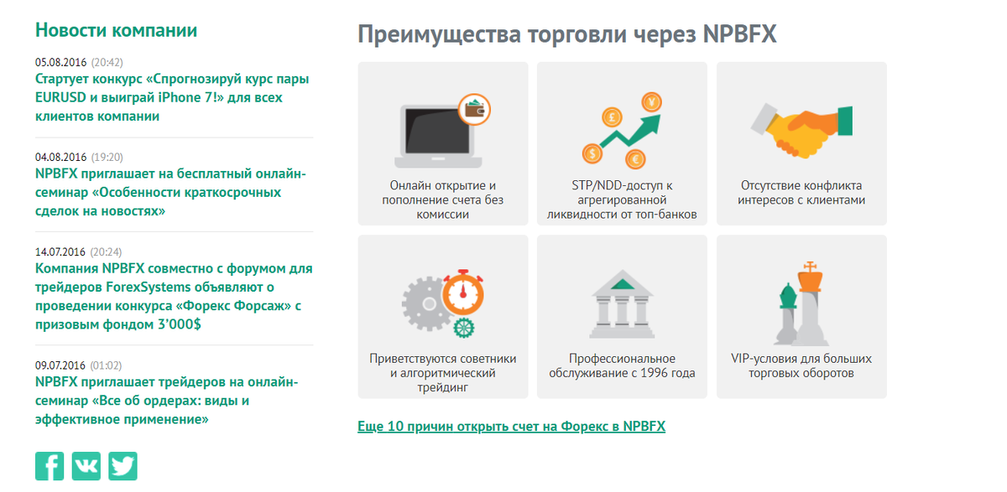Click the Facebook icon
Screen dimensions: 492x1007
tap(50, 466)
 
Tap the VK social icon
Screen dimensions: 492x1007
tap(86, 466)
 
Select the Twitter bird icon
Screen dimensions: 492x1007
tap(123, 466)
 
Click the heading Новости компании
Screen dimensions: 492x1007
tap(117, 30)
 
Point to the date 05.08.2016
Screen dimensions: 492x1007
tap(61, 62)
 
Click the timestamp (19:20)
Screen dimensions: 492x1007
tap(107, 157)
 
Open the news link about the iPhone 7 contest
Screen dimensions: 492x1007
tap(172, 97)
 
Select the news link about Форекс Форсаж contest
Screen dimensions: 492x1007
tap(174, 297)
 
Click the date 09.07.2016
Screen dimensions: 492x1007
tap(61, 365)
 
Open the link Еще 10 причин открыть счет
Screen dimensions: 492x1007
tap(511, 427)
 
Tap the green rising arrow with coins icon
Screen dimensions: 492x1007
tap(622, 131)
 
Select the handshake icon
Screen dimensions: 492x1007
tap(801, 127)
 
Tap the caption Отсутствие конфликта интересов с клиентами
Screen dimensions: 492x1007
tap(801, 193)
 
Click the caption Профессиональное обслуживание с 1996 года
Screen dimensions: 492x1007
tap(622, 366)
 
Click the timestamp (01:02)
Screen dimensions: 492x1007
tap(106, 365)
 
